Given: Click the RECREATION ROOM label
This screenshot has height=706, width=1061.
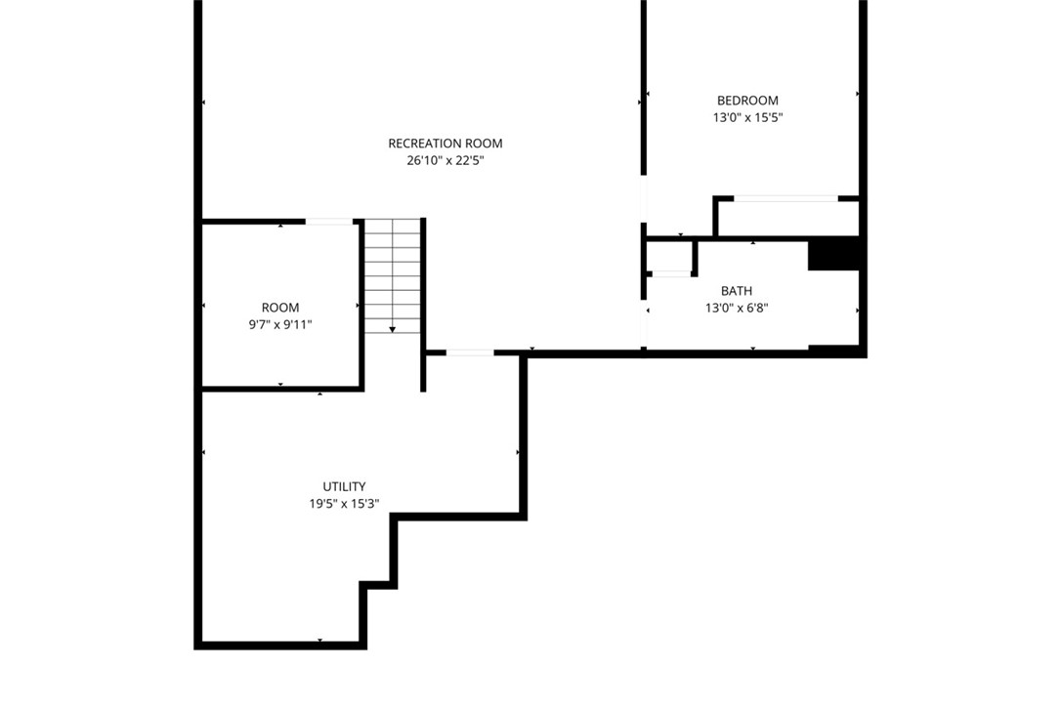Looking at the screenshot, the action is coord(446,144).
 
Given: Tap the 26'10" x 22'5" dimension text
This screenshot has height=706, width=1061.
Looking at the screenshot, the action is coord(446,161).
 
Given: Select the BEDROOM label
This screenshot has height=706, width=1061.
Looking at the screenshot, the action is coord(747,100).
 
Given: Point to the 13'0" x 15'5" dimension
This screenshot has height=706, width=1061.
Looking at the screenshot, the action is coord(747,117).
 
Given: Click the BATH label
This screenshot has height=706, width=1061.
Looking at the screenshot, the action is coord(737,291).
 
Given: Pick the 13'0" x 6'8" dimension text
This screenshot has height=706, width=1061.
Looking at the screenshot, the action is coord(737,309).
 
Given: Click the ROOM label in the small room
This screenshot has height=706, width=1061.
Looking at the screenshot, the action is coord(280,308).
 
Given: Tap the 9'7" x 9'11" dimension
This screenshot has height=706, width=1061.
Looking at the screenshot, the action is coord(280,324).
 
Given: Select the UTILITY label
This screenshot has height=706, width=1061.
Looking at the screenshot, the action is coord(345,486).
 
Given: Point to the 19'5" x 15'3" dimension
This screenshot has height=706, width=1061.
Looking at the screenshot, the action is coord(345,504).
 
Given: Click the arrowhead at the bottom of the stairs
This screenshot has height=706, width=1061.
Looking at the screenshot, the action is coord(393,330).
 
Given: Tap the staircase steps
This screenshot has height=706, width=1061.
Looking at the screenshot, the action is coord(393,276).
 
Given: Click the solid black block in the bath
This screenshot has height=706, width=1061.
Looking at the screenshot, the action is coord(833,255).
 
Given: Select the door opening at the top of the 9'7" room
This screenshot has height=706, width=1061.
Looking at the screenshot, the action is coord(329,222).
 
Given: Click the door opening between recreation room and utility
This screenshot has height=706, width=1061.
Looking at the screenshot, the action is coord(470,353).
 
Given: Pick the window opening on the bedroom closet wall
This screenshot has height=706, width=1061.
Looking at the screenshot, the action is coord(786,199).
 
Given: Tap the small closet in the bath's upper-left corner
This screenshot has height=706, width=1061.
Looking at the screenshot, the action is coord(668,256).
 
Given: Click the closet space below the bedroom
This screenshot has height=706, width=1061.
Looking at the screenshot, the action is coord(787,219).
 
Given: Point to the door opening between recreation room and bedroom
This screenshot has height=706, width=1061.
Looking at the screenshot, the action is coord(644,199).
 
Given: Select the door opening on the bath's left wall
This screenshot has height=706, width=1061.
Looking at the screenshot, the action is coord(644,323).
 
